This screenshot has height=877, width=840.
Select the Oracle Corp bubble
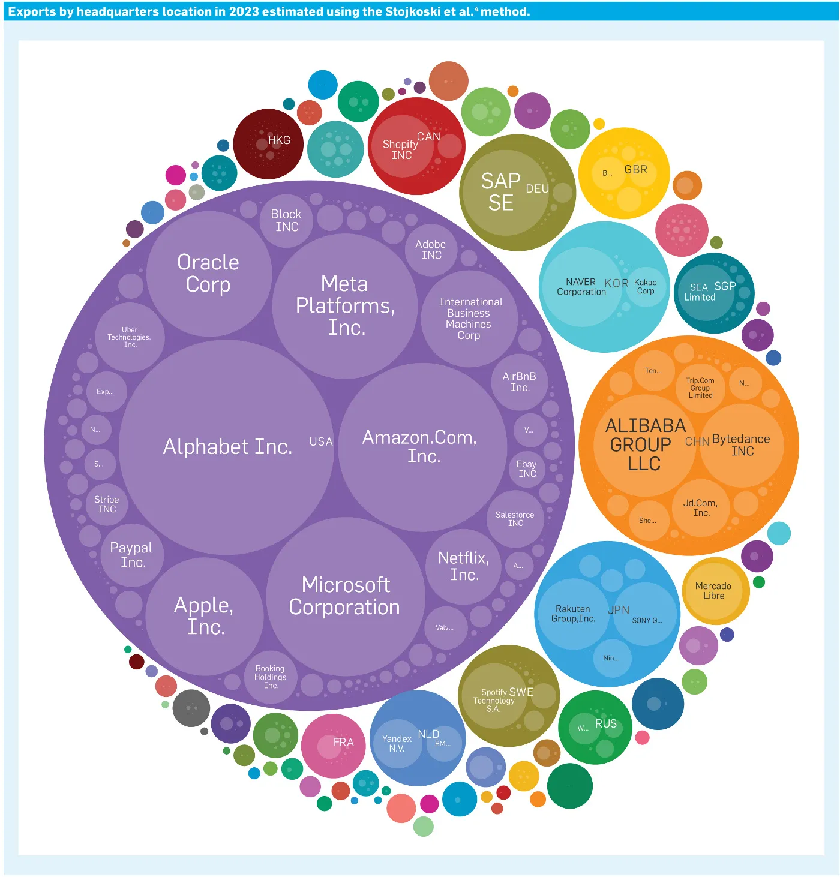[x=208, y=274]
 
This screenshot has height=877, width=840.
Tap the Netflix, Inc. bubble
[x=464, y=566]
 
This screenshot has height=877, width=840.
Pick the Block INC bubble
[x=287, y=220]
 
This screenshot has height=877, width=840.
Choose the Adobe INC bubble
[x=431, y=250]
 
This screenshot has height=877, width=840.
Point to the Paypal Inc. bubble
[x=131, y=555]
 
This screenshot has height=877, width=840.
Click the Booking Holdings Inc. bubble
[x=271, y=677]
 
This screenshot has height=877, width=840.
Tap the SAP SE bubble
[x=502, y=192]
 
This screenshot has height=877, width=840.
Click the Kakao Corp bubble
[x=646, y=287]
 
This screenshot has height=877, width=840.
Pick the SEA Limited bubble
[x=700, y=292]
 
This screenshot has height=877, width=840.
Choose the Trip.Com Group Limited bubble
[x=700, y=388]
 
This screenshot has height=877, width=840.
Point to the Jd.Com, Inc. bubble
[x=700, y=508]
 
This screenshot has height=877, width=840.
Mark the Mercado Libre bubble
[x=713, y=591]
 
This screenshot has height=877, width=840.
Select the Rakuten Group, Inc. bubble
[x=574, y=614]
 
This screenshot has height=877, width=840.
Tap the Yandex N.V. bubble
[x=397, y=744]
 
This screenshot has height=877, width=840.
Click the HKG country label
[x=279, y=140]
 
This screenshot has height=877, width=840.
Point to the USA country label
[x=321, y=441]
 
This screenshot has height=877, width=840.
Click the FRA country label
[x=344, y=743]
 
